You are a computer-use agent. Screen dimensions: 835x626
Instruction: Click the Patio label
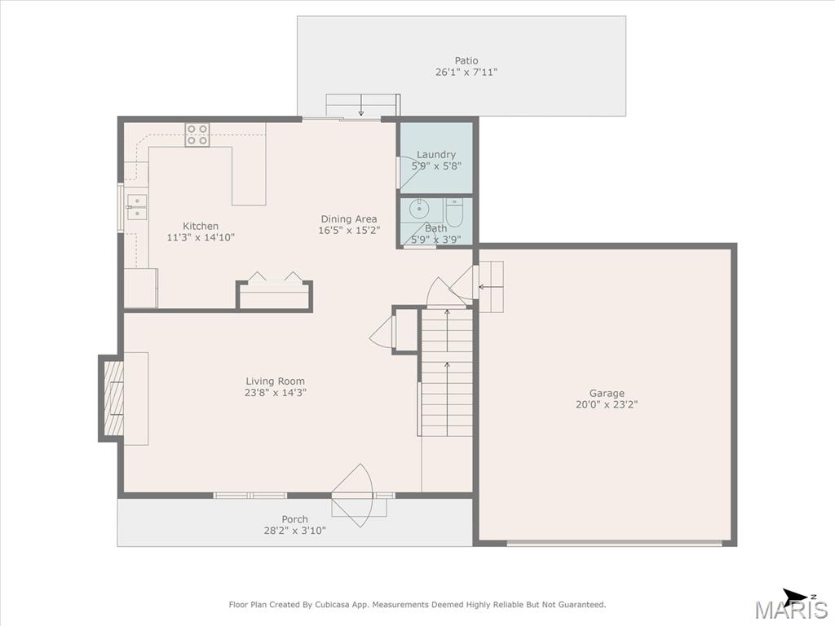466,60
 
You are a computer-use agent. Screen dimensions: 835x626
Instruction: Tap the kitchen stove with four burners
197,134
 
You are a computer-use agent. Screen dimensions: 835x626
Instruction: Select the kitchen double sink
136,207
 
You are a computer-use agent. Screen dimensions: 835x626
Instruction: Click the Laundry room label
436,154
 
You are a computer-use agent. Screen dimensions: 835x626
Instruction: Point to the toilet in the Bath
455,212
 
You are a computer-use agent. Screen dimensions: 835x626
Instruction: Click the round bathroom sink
420,208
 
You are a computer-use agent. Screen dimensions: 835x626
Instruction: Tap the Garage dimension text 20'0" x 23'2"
607,404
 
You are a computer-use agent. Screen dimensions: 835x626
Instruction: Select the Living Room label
276,381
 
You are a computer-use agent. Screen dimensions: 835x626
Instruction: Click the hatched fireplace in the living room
113,398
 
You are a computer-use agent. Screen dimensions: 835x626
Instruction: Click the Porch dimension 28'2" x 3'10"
294,531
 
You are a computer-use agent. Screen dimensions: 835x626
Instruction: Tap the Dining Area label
349,218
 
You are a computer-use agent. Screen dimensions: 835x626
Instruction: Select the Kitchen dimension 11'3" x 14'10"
201,237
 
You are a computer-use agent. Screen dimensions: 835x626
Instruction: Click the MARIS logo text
791,610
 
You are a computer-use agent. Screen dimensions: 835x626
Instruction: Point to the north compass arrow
797,596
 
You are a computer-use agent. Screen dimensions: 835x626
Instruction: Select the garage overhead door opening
614,543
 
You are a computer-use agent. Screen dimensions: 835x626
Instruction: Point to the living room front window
250,496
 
